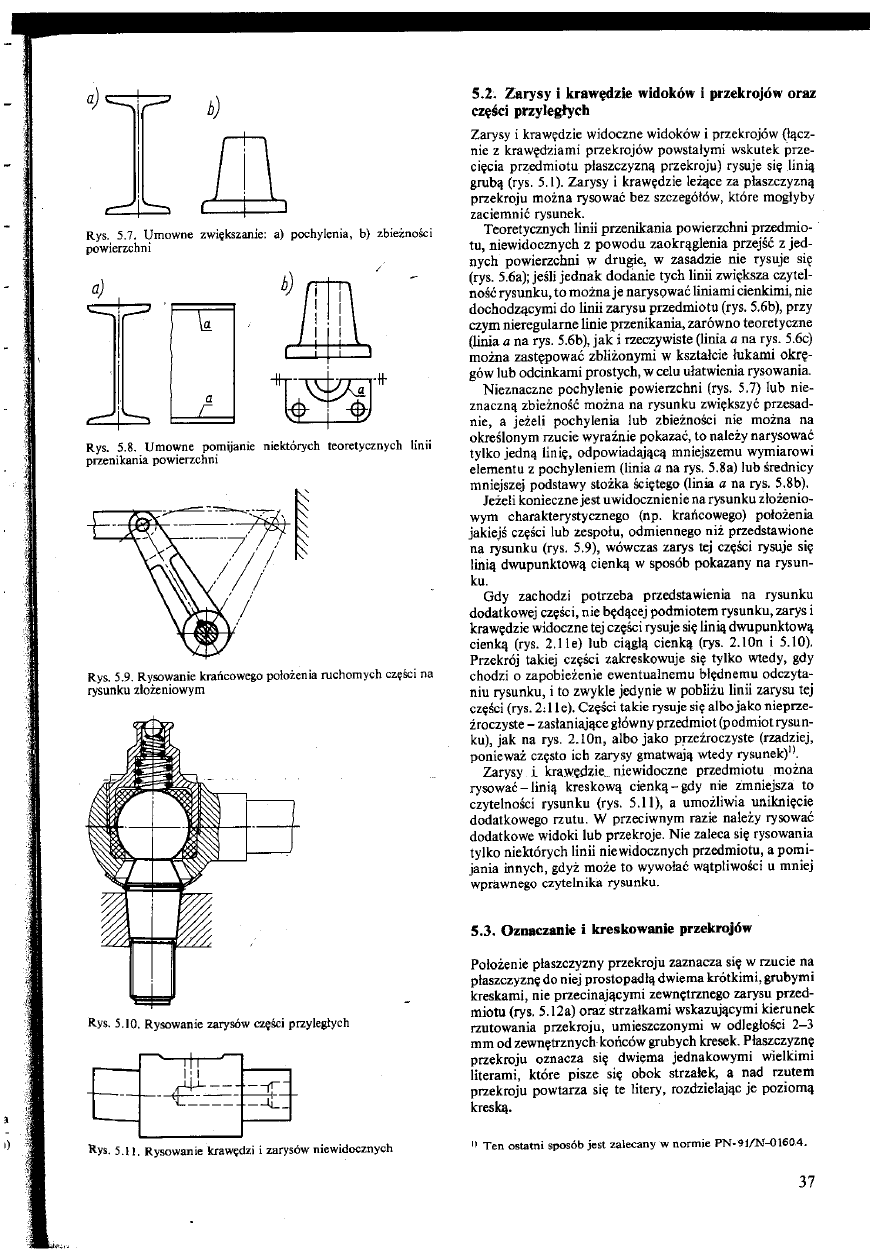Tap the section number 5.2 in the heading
(x=486, y=93)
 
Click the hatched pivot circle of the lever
(x=205, y=630)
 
